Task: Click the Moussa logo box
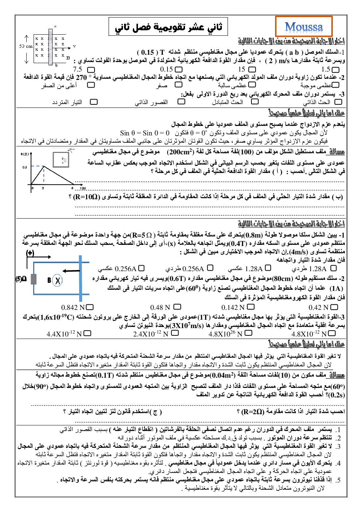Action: [x=304, y=27]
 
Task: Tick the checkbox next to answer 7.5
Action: [x=91, y=69]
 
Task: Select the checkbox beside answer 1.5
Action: [x=335, y=69]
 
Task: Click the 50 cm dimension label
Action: [x=26, y=46]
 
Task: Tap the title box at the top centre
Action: [x=168, y=27]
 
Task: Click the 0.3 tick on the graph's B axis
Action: [x=24, y=167]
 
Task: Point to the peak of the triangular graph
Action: [x=44, y=166]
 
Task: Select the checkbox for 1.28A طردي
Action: [x=333, y=268]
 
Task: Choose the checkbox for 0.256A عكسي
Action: [x=141, y=268]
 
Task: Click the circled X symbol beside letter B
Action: [x=57, y=280]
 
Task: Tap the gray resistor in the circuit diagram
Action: [x=34, y=279]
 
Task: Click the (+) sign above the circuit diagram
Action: [x=30, y=253]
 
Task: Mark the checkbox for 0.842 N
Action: [x=90, y=307]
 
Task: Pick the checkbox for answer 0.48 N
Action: [x=177, y=307]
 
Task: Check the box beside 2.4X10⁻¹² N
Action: [x=175, y=333]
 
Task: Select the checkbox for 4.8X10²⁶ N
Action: [x=249, y=333]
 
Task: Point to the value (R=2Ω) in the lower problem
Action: [x=253, y=412]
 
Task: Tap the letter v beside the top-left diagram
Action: [x=74, y=46]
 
